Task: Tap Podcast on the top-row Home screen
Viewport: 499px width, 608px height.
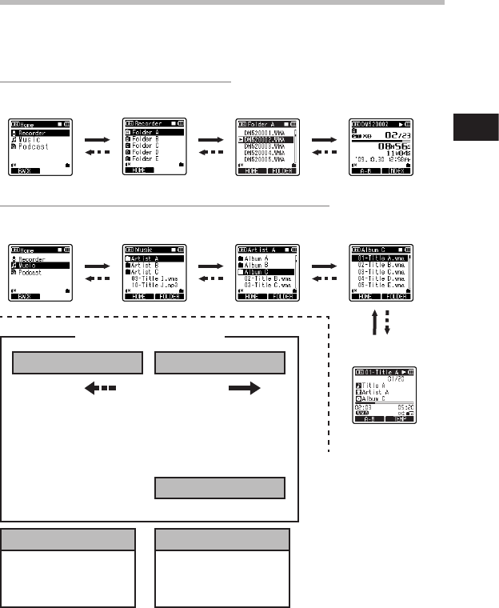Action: [34, 147]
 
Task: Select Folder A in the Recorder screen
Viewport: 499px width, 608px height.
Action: [148, 132]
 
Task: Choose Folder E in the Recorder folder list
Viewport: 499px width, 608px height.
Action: [148, 159]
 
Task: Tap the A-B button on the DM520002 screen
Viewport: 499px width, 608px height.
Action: [365, 171]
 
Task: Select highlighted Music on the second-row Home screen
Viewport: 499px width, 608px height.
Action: [33, 265]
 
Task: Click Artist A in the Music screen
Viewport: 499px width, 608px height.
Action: [147, 258]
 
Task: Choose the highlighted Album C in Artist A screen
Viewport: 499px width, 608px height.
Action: [261, 272]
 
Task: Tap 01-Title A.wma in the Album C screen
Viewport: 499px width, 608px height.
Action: [381, 258]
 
